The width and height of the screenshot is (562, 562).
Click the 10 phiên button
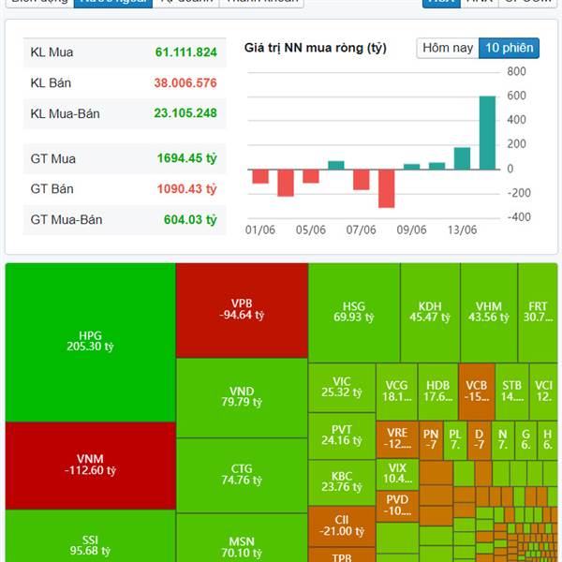(x=509, y=48)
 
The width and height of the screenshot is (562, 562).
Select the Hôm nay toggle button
(x=448, y=48)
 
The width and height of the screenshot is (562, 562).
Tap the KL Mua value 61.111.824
(x=185, y=52)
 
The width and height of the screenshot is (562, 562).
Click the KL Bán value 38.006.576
(x=185, y=83)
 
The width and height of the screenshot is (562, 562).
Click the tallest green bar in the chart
(x=487, y=132)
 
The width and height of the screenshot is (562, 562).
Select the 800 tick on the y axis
(x=516, y=71)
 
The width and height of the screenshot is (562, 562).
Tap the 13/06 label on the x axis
(x=462, y=230)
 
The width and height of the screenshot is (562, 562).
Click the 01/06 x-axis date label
(x=259, y=230)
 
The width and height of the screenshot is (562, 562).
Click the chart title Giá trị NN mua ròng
(x=315, y=48)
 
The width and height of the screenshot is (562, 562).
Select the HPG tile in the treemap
(x=90, y=342)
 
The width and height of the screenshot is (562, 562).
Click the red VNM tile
(x=90, y=465)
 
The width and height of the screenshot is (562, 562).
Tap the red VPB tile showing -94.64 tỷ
(x=242, y=310)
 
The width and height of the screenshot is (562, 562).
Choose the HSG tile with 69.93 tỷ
(x=353, y=312)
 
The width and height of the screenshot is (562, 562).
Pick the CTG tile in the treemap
(x=242, y=475)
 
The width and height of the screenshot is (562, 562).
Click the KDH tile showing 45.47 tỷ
(x=430, y=312)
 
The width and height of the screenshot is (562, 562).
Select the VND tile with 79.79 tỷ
(x=242, y=397)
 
